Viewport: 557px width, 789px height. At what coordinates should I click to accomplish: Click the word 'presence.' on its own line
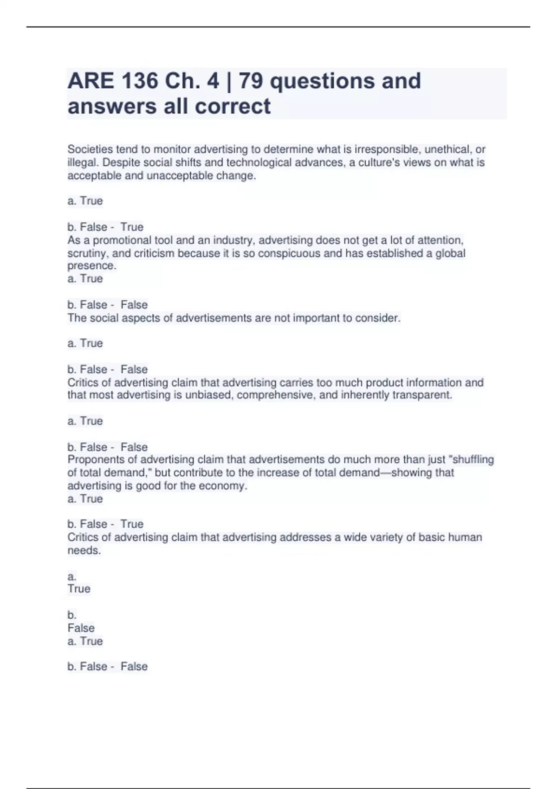pyautogui.click(x=92, y=265)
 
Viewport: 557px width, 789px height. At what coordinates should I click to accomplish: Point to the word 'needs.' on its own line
pyautogui.click(x=84, y=550)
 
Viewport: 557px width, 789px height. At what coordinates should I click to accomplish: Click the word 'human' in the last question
pyautogui.click(x=466, y=537)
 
